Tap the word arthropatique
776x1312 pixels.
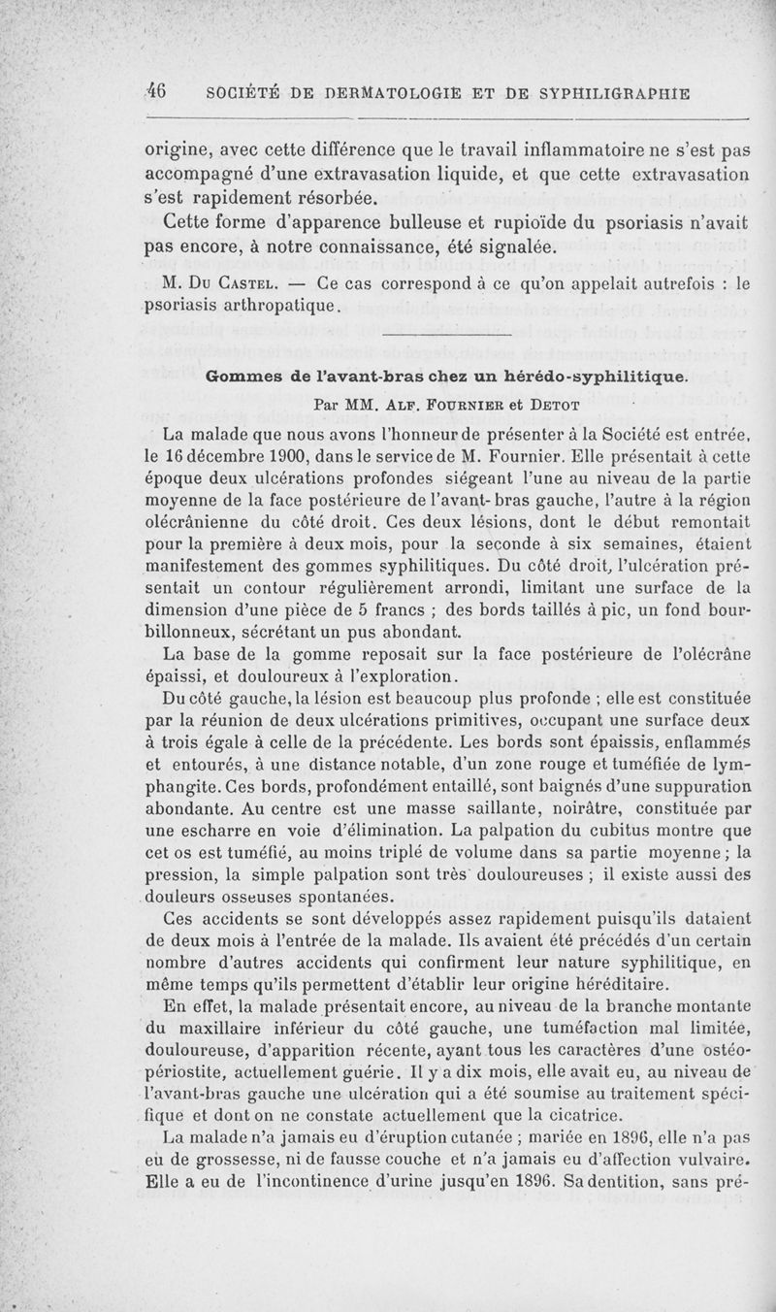pos(284,307)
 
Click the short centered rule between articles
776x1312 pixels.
pos(446,336)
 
